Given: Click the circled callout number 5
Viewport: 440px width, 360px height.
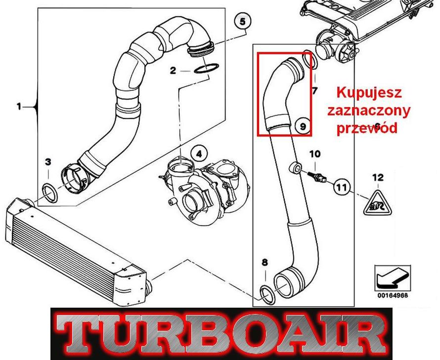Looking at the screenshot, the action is click(x=242, y=21).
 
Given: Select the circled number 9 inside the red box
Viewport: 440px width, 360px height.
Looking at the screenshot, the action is click(x=303, y=126).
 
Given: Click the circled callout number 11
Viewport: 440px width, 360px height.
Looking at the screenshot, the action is click(x=342, y=187).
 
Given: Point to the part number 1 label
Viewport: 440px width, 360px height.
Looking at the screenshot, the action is click(x=19, y=107).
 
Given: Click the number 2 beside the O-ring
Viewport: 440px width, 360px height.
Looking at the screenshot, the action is click(x=173, y=71).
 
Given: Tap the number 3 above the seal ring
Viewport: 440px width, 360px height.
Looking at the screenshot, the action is click(x=48, y=162).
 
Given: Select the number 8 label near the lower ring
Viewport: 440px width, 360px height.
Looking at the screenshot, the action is click(x=264, y=262).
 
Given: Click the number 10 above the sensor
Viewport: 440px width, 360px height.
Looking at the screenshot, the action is click(x=315, y=154).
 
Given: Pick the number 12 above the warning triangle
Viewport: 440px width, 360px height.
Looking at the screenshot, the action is click(x=378, y=177).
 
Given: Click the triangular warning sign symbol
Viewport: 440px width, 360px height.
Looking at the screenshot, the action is click(x=377, y=203).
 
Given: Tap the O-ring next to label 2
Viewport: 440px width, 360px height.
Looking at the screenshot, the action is click(x=206, y=68).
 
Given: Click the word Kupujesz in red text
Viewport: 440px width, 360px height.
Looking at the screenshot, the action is click(x=369, y=92).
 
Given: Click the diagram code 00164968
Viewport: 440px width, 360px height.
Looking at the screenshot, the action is click(x=393, y=295).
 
